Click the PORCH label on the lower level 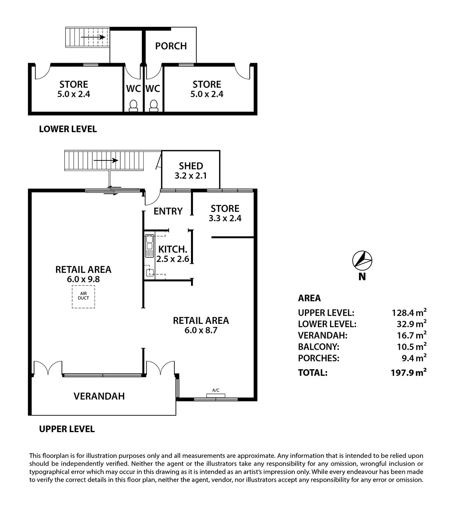pyautogui.click(x=171, y=46)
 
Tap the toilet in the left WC pyautogui.click(x=133, y=106)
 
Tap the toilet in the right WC pyautogui.click(x=154, y=106)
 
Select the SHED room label pyautogui.click(x=191, y=166)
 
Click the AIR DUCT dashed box pyautogui.click(x=83, y=297)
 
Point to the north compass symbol pyautogui.click(x=362, y=261)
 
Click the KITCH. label pyautogui.click(x=173, y=249)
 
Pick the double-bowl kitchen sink pyautogui.click(x=149, y=246)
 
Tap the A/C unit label pyautogui.click(x=216, y=390)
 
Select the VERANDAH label pyautogui.click(x=99, y=396)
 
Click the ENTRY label pyautogui.click(x=168, y=211)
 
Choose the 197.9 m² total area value pyautogui.click(x=409, y=372)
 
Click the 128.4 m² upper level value pyautogui.click(x=409, y=312)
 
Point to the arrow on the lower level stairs pyautogui.click(x=93, y=37)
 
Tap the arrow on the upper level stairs pyautogui.click(x=106, y=160)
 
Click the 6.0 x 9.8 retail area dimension pyautogui.click(x=83, y=279)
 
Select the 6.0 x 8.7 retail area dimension pyautogui.click(x=201, y=330)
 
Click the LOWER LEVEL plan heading pyautogui.click(x=68, y=129)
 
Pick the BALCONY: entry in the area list pyautogui.click(x=319, y=347)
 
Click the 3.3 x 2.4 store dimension pyautogui.click(x=225, y=218)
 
